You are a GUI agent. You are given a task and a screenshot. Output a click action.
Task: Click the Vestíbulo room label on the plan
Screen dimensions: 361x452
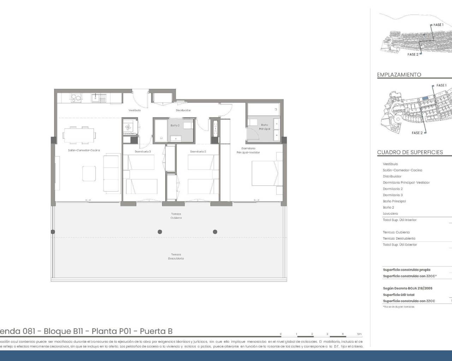tap(135, 110)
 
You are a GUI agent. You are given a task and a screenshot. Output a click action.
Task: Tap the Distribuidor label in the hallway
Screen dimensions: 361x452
tap(183, 110)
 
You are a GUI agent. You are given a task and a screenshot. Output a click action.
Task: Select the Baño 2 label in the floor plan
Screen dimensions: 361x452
tap(175, 126)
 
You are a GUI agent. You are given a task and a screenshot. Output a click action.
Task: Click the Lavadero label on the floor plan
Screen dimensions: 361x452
tap(129, 134)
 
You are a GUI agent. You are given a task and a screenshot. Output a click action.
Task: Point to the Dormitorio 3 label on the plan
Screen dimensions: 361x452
tap(143, 152)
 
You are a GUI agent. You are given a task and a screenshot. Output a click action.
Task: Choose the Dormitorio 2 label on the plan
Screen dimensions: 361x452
tap(198, 152)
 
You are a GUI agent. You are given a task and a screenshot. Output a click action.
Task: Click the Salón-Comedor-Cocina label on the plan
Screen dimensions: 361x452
tap(84, 150)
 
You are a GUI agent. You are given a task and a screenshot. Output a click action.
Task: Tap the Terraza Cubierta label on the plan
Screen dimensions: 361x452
tap(176, 216)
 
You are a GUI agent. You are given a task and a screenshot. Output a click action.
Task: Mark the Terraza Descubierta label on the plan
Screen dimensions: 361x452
tap(176, 256)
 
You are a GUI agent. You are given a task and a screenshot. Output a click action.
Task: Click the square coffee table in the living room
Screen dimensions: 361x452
tap(89, 173)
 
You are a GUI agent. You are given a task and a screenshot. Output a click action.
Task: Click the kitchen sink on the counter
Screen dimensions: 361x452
tap(96, 98)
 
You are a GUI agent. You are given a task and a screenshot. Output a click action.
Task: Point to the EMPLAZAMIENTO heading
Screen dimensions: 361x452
tap(399, 75)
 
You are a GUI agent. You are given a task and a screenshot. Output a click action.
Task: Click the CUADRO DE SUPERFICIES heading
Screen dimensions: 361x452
tap(410, 152)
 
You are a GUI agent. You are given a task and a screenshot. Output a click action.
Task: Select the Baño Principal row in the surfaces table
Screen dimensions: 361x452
tap(394, 201)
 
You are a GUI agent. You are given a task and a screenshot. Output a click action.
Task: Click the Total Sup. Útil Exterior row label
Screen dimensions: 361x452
tap(400, 245)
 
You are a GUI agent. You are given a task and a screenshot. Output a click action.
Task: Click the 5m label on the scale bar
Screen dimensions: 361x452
tap(359, 334)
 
